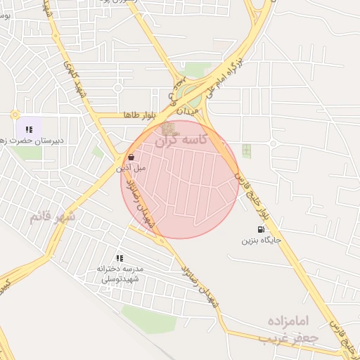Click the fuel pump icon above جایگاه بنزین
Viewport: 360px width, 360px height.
(262, 230)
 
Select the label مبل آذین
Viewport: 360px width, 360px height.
(131, 168)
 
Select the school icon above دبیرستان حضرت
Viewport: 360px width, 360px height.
(29, 129)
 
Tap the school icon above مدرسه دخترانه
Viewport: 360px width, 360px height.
(120, 258)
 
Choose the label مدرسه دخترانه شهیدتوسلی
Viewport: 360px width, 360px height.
(121, 274)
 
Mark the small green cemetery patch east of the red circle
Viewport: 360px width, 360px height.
(246, 150)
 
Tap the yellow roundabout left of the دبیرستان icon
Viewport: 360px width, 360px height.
(15, 114)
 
